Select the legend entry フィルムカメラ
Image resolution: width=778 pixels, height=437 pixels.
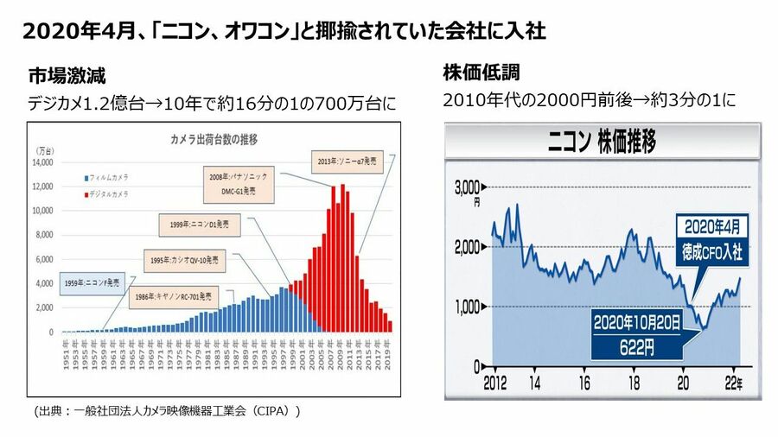tap(106, 179)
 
